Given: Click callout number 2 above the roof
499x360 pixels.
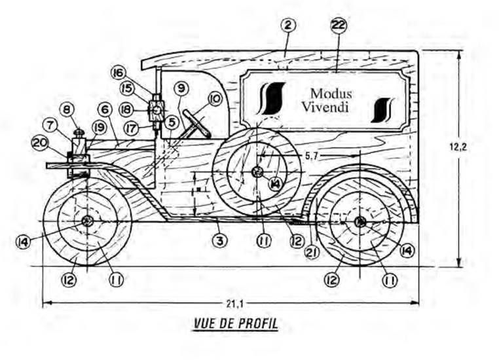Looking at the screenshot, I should [289, 26].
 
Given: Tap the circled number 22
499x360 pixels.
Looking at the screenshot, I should [339, 26].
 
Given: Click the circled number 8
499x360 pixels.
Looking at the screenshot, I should [67, 108].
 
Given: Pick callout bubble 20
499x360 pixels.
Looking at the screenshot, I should [41, 141].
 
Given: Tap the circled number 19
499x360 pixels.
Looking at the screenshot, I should [99, 126].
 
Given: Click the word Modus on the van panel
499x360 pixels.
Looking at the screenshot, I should [331, 94].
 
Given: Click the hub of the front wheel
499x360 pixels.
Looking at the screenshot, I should [87, 223].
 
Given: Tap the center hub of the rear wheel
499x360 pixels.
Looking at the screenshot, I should [360, 223].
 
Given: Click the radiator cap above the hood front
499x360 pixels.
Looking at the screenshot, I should [79, 133].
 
